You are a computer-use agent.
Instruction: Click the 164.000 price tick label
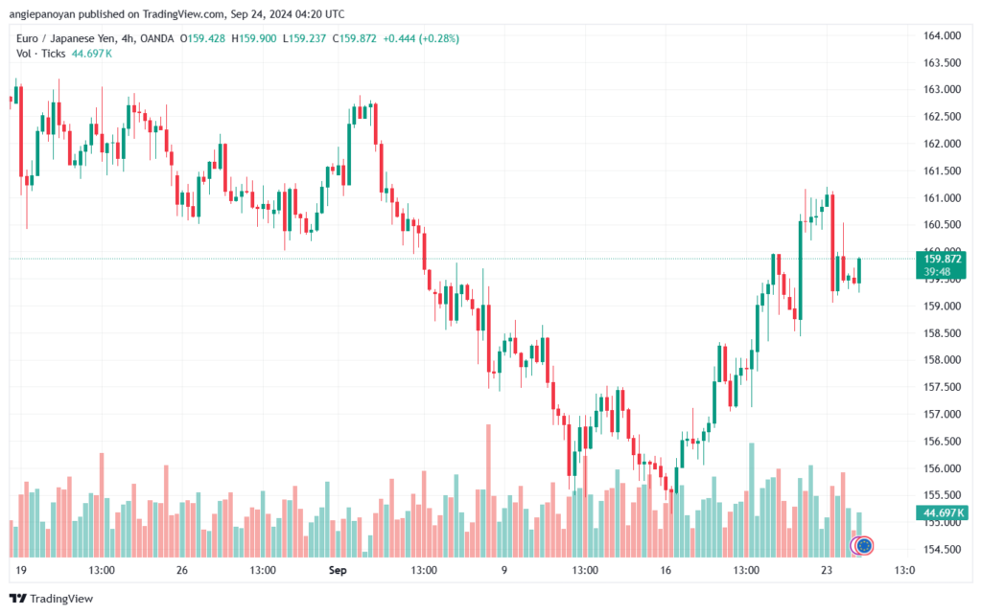(x=942, y=35)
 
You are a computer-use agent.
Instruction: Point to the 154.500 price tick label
(x=942, y=549)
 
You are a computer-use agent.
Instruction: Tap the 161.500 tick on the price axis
(x=942, y=171)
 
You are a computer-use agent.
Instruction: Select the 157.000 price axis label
(x=942, y=414)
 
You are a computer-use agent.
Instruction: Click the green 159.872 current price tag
(x=942, y=259)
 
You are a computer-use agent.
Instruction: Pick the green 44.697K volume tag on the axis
(x=942, y=512)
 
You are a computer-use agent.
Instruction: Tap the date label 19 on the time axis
(x=19, y=569)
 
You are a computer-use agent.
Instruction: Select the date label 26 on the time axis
(x=182, y=569)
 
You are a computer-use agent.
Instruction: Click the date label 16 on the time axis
(x=666, y=569)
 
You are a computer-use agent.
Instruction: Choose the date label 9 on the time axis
(x=503, y=569)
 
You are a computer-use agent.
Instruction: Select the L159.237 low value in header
(x=314, y=38)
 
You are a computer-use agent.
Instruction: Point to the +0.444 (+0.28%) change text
(x=422, y=38)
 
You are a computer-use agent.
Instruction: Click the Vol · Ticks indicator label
(x=41, y=54)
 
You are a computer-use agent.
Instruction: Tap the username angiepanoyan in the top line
(x=49, y=14)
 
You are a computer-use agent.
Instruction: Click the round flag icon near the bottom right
(x=863, y=545)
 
